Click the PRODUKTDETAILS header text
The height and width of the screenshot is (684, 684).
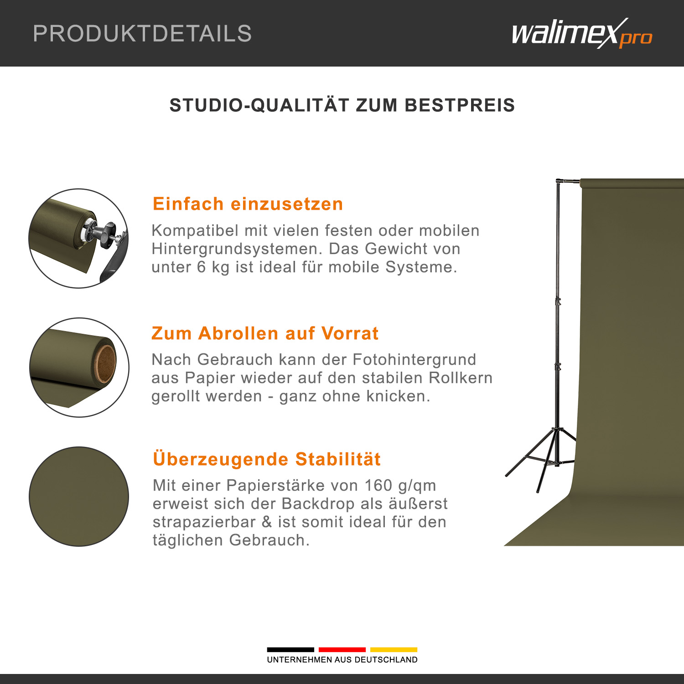click(142, 33)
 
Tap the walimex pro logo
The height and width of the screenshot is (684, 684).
click(582, 33)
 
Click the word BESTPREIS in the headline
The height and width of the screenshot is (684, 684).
click(460, 105)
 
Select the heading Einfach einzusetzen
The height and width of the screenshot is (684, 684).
click(248, 204)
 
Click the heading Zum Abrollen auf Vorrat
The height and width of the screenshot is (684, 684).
click(265, 333)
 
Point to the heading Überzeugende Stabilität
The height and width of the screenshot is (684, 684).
click(267, 459)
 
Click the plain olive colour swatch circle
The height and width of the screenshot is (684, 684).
click(79, 496)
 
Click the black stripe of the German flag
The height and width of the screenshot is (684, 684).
click(290, 649)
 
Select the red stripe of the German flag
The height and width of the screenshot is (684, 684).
click(342, 649)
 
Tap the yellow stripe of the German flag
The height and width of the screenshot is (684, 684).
click(394, 649)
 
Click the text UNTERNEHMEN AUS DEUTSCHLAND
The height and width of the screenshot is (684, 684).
click(342, 660)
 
